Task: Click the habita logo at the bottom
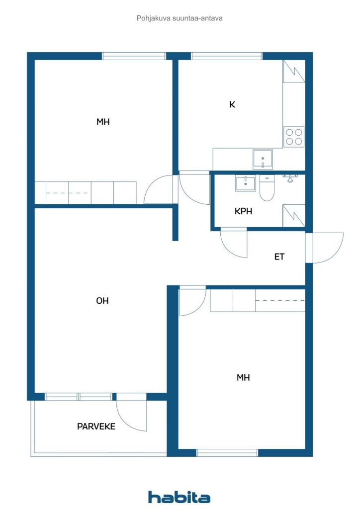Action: coord(179,497)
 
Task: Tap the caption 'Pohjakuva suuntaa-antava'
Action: coord(180,18)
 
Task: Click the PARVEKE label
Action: coord(96,426)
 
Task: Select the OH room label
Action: coord(102,301)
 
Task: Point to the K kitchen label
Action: coord(232,104)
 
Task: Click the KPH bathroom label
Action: coord(243,211)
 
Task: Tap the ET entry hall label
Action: coord(279,257)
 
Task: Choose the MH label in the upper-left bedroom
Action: coord(103,122)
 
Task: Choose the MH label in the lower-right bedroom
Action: coord(243,378)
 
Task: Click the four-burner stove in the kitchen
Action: coord(293,137)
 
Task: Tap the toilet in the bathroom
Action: coord(267,189)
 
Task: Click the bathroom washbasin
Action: coord(245,183)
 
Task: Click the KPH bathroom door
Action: coord(234,244)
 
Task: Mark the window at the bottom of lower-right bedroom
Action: coord(227,453)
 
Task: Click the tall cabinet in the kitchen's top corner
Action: coord(293,71)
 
